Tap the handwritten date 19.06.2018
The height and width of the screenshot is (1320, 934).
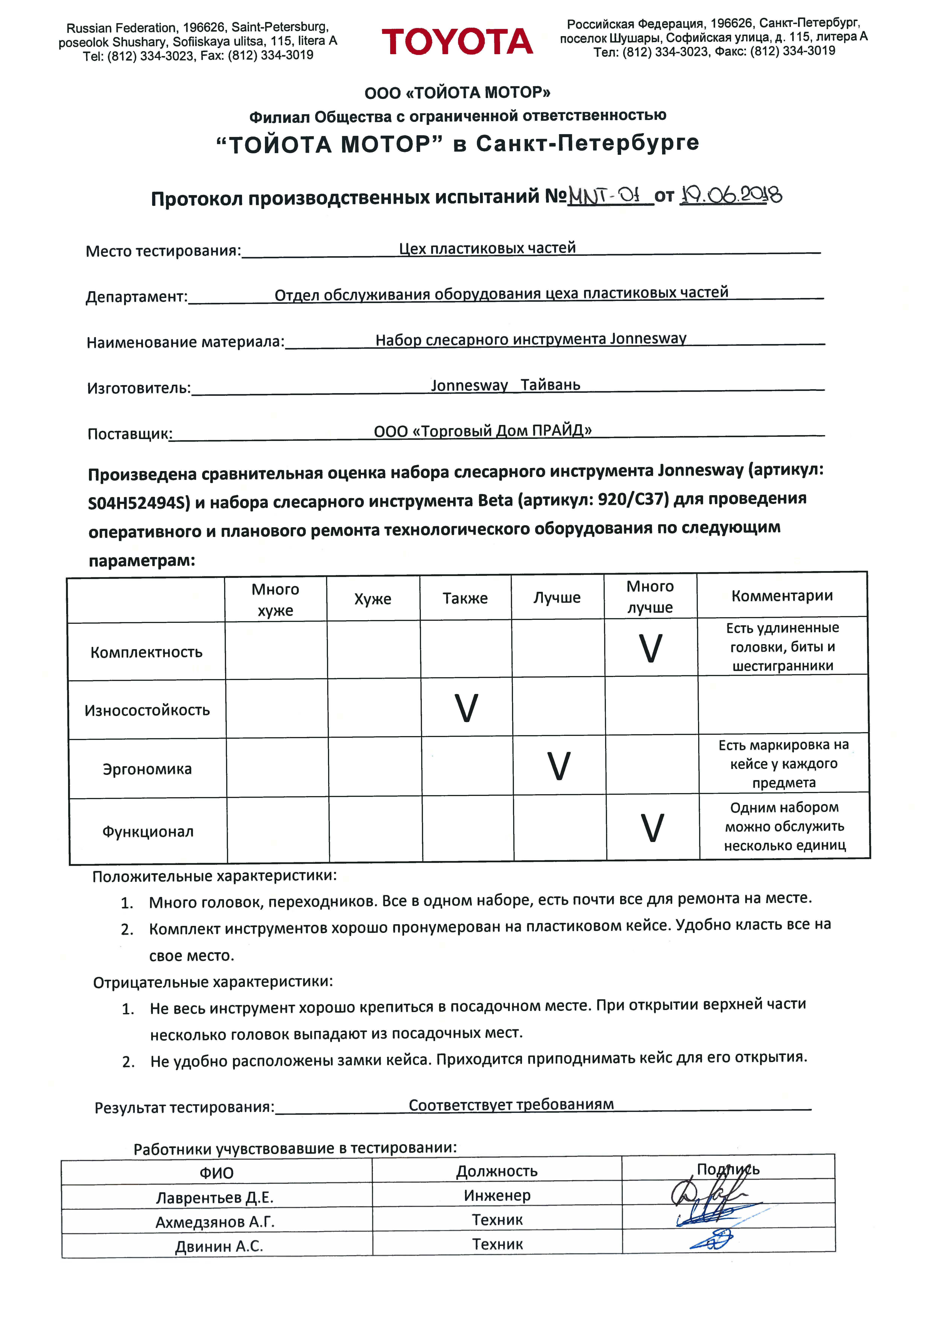[x=730, y=196]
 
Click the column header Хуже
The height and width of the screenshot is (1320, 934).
[x=373, y=599]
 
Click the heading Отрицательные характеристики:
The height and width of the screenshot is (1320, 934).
[x=213, y=982]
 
